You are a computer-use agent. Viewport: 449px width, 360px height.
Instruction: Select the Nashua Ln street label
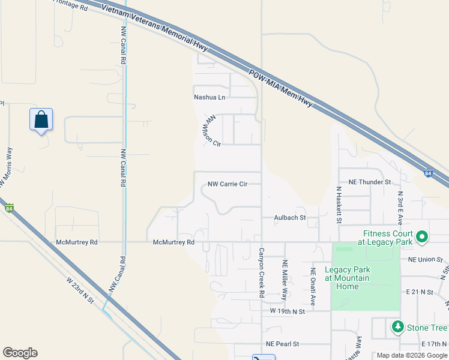pos(209,97)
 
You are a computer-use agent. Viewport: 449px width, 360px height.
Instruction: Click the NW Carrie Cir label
pos(228,184)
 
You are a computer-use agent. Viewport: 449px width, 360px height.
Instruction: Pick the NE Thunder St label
pos(370,181)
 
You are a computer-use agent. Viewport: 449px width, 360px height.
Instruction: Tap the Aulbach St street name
pos(290,218)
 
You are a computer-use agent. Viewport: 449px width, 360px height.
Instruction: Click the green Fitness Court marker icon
pos(421,238)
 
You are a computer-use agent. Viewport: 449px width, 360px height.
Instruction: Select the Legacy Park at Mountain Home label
pos(348,278)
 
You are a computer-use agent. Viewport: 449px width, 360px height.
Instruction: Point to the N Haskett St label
pos(339,205)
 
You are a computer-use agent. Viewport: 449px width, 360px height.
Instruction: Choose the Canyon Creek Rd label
pos(262,273)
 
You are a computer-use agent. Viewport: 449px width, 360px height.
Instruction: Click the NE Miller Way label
pos(285,280)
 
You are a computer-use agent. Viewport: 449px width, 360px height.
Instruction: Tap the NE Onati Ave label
pos(313,280)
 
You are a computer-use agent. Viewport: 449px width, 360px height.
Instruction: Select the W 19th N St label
pos(288,311)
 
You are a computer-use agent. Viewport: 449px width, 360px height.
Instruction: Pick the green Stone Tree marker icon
pos(397,327)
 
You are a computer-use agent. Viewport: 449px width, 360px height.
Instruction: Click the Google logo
pos(20,353)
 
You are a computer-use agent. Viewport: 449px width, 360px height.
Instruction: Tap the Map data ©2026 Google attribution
pos(411,355)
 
